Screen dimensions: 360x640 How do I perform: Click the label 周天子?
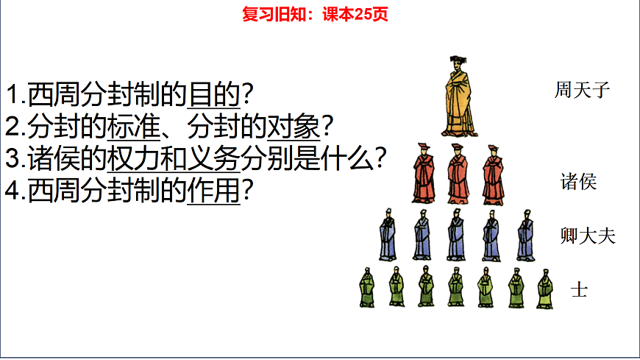click(x=582, y=91)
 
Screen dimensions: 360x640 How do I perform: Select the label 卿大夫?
click(x=587, y=236)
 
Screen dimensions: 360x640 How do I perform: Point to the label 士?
click(x=579, y=289)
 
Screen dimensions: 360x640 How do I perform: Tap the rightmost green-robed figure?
click(x=545, y=288)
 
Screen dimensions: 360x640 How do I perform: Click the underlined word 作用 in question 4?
click(x=214, y=191)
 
